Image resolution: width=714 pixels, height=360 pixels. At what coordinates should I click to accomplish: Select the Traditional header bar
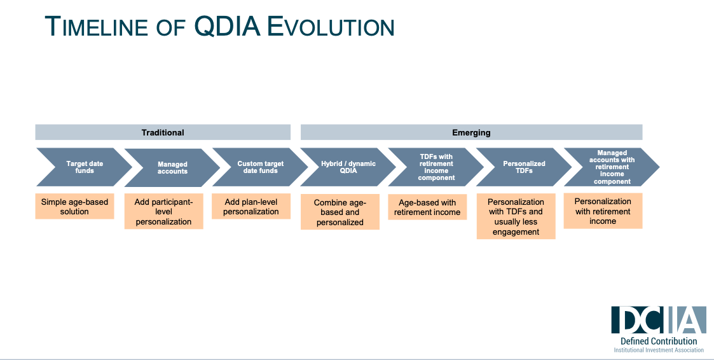pyautogui.click(x=163, y=132)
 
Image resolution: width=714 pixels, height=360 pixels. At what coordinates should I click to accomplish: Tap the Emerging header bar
pyautogui.click(x=471, y=132)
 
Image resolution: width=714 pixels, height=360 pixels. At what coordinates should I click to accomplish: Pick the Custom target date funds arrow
pyautogui.click(x=260, y=167)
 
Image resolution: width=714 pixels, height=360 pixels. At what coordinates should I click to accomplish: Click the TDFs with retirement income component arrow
pyautogui.click(x=436, y=167)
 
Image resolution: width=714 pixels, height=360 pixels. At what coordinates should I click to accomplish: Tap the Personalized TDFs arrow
pyautogui.click(x=523, y=167)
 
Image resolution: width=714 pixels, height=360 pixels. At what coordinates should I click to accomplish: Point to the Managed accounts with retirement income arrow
pyautogui.click(x=611, y=167)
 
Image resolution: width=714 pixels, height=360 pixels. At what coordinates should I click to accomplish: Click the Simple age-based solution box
pyautogui.click(x=74, y=207)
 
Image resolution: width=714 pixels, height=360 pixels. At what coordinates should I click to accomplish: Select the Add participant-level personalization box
pyautogui.click(x=163, y=212)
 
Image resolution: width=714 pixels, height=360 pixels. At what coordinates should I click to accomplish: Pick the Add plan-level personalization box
pyautogui.click(x=251, y=207)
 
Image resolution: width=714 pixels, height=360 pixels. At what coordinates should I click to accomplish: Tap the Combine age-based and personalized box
pyautogui.click(x=340, y=212)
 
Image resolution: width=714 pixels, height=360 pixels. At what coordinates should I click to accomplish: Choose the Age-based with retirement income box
pyautogui.click(x=427, y=207)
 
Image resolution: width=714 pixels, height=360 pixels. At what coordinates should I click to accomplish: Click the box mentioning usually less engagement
pyautogui.click(x=516, y=217)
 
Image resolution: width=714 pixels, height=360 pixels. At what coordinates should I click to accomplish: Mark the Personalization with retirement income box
pyautogui.click(x=603, y=211)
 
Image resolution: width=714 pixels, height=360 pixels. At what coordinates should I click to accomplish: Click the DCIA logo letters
pyautogui.click(x=658, y=320)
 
